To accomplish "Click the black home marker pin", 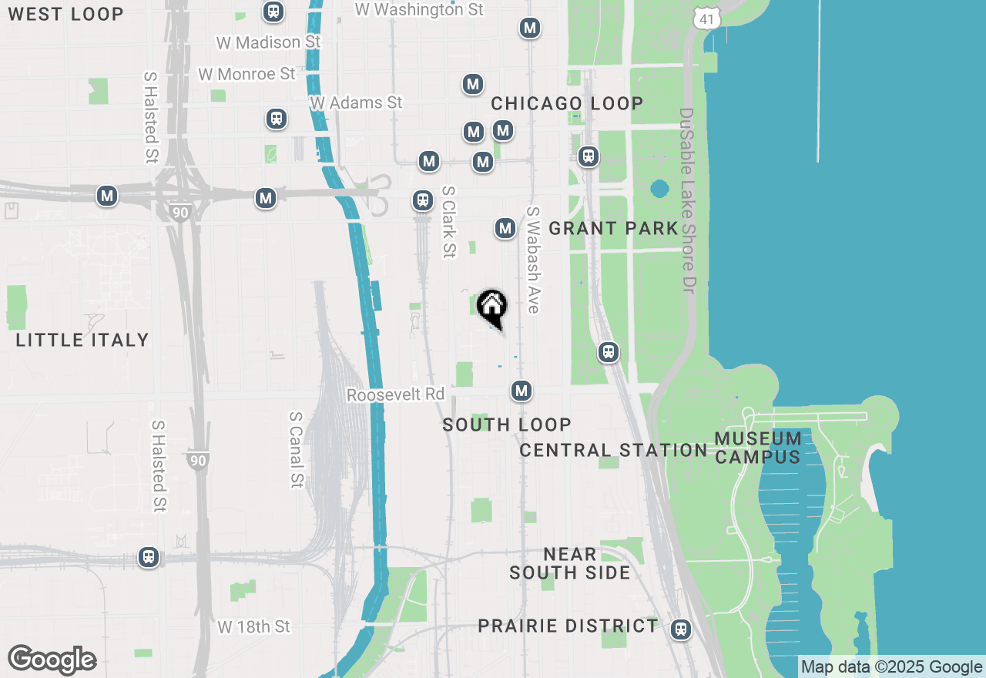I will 491,307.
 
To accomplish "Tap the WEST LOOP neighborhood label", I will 65,14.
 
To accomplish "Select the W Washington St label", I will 419,9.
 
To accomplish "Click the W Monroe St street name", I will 246,74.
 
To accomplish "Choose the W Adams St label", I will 356,102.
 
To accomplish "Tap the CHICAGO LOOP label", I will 567,103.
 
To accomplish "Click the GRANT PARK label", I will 613,228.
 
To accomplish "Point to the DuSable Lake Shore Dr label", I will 686,200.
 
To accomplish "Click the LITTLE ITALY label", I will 82,340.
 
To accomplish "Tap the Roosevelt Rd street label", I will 395,394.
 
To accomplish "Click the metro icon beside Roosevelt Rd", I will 522,391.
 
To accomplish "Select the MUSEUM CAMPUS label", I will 758,448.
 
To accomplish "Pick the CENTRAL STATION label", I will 613,450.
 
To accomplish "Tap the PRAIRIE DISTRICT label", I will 568,626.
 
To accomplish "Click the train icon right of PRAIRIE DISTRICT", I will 680,629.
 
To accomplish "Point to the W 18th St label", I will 253,626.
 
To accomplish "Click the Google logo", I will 52,660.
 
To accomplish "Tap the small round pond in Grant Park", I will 659,188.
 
